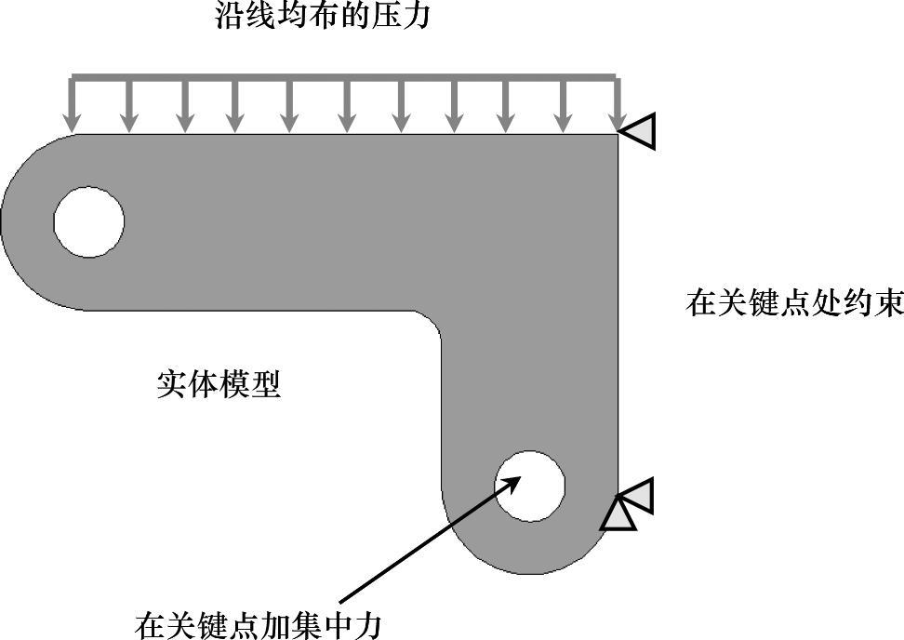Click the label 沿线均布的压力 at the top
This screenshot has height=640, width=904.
[323, 16]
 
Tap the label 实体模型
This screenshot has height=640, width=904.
[219, 383]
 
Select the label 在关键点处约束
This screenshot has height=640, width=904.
[794, 303]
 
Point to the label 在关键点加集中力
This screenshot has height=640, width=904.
[258, 624]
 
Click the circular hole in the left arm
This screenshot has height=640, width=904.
[88, 221]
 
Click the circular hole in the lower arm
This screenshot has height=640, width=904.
[529, 486]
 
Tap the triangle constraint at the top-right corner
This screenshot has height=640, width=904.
[640, 131]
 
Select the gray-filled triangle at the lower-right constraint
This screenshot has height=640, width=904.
[641, 496]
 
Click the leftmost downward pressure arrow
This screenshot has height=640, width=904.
[72, 107]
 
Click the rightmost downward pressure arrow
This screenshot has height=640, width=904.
[616, 107]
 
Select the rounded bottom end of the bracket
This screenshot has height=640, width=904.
[529, 558]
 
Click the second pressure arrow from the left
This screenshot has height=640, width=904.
[129, 107]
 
